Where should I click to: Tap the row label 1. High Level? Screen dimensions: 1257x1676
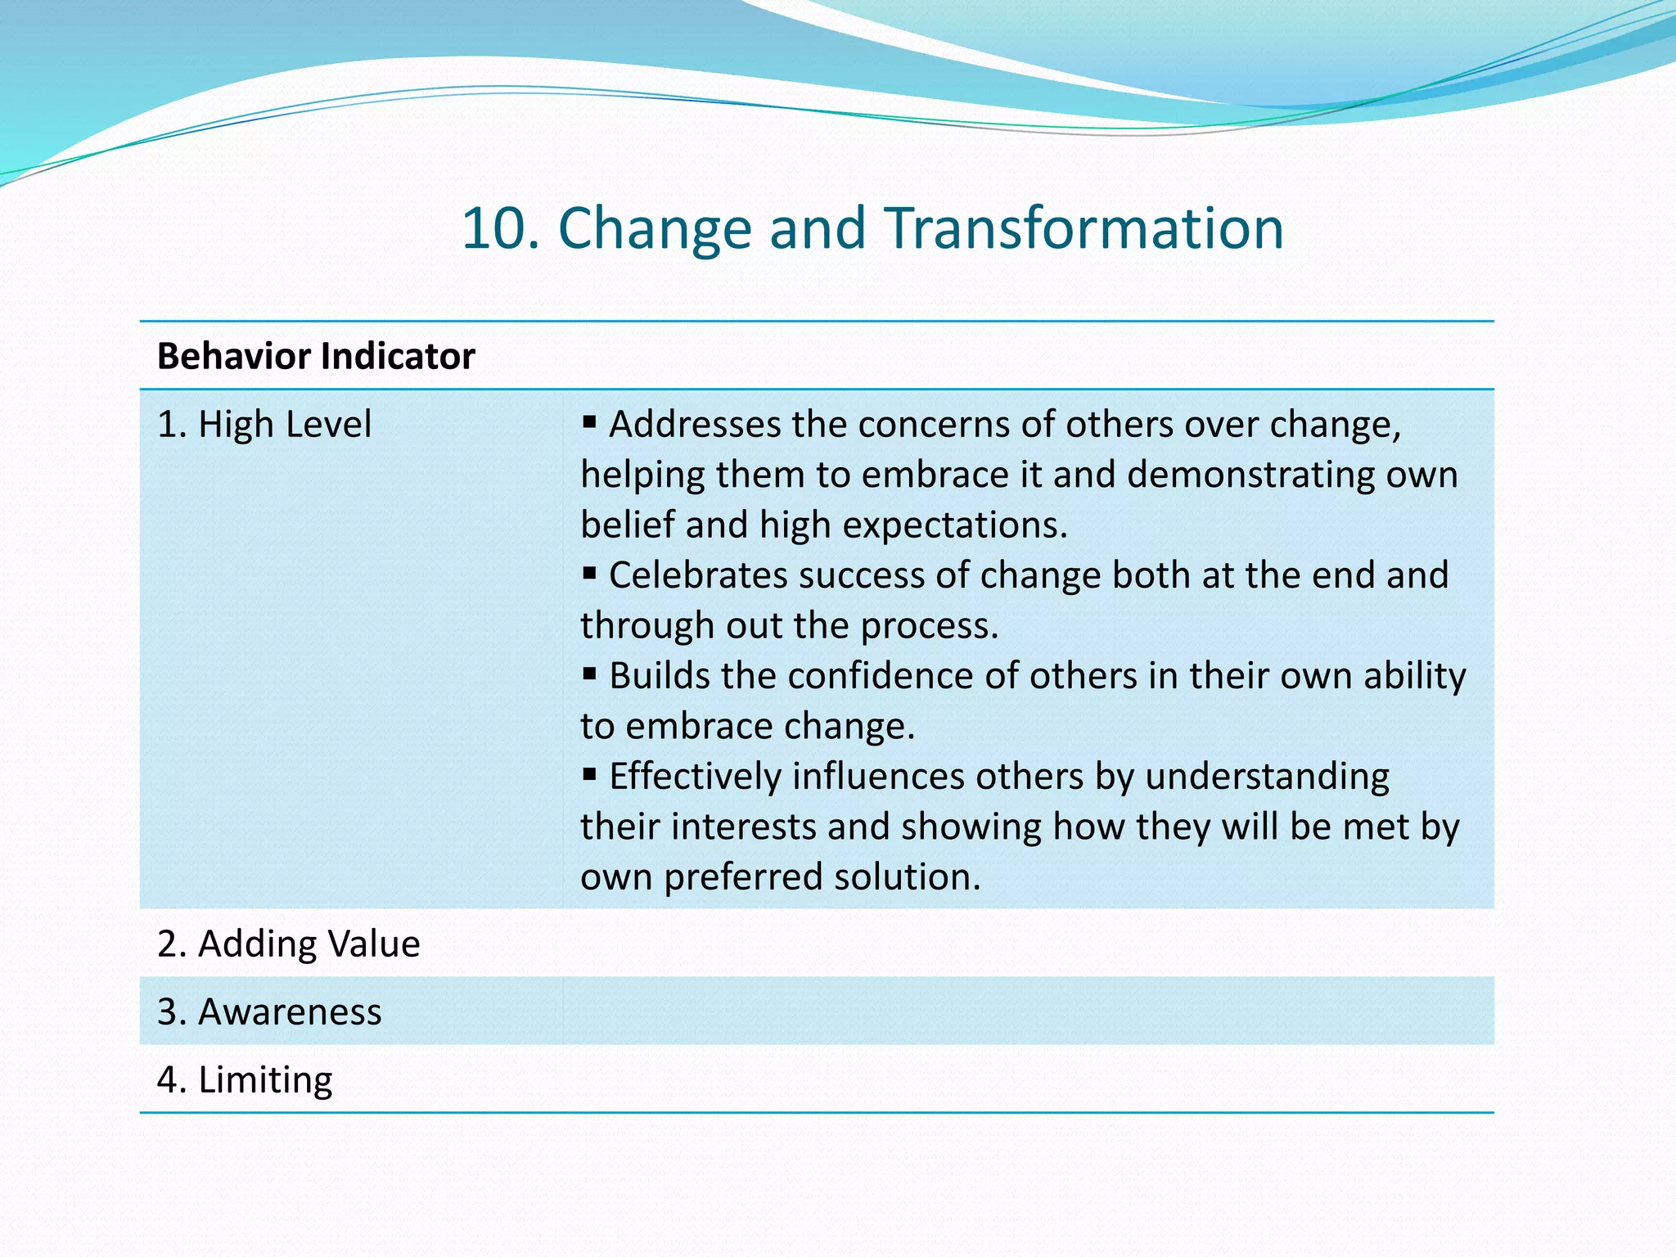pyautogui.click(x=264, y=425)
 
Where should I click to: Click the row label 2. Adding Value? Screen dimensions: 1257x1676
pyautogui.click(x=288, y=944)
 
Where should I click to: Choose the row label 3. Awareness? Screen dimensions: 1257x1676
pyautogui.click(x=269, y=1011)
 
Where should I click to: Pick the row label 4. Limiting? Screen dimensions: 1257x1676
pyautogui.click(x=245, y=1080)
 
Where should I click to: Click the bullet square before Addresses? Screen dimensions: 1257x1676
pyautogui.click(x=589, y=422)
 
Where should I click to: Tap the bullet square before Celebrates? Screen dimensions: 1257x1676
pyautogui.click(x=589, y=573)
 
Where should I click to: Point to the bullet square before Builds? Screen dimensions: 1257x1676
pyautogui.click(x=589, y=674)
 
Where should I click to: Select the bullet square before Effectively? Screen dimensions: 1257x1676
pyautogui.click(x=589, y=774)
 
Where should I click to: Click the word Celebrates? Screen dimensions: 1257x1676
pyautogui.click(x=698, y=575)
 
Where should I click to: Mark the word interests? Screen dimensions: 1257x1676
pyautogui.click(x=743, y=827)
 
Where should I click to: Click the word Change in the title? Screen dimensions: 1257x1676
pyautogui.click(x=654, y=228)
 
